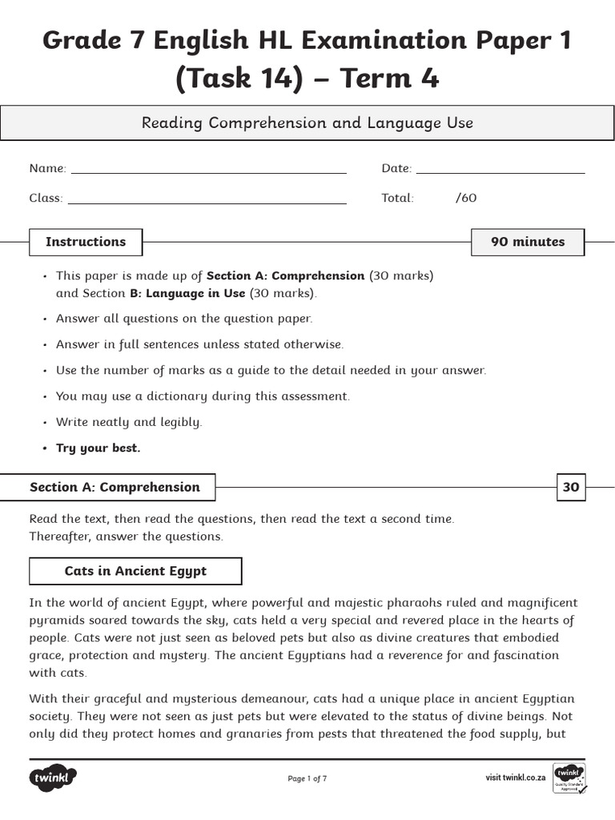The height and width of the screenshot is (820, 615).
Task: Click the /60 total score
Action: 465,198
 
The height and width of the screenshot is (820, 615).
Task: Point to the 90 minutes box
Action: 527,242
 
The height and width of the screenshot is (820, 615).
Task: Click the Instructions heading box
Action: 86,242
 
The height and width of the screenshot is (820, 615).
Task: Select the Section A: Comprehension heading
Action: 115,487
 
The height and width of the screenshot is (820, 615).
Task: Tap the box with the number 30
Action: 570,487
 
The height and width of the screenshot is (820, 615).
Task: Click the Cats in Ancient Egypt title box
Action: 135,571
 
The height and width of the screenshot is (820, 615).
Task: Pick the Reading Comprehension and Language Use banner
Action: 307,123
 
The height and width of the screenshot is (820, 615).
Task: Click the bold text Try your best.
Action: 98,448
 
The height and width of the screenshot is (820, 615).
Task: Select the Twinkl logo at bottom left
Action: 53,778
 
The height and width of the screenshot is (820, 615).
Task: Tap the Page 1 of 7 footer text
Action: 307,778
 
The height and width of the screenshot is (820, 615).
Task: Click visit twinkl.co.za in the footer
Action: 515,778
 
